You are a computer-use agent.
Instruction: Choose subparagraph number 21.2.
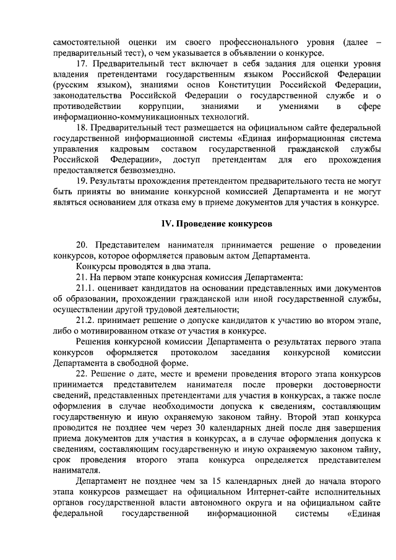tap(87, 320)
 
